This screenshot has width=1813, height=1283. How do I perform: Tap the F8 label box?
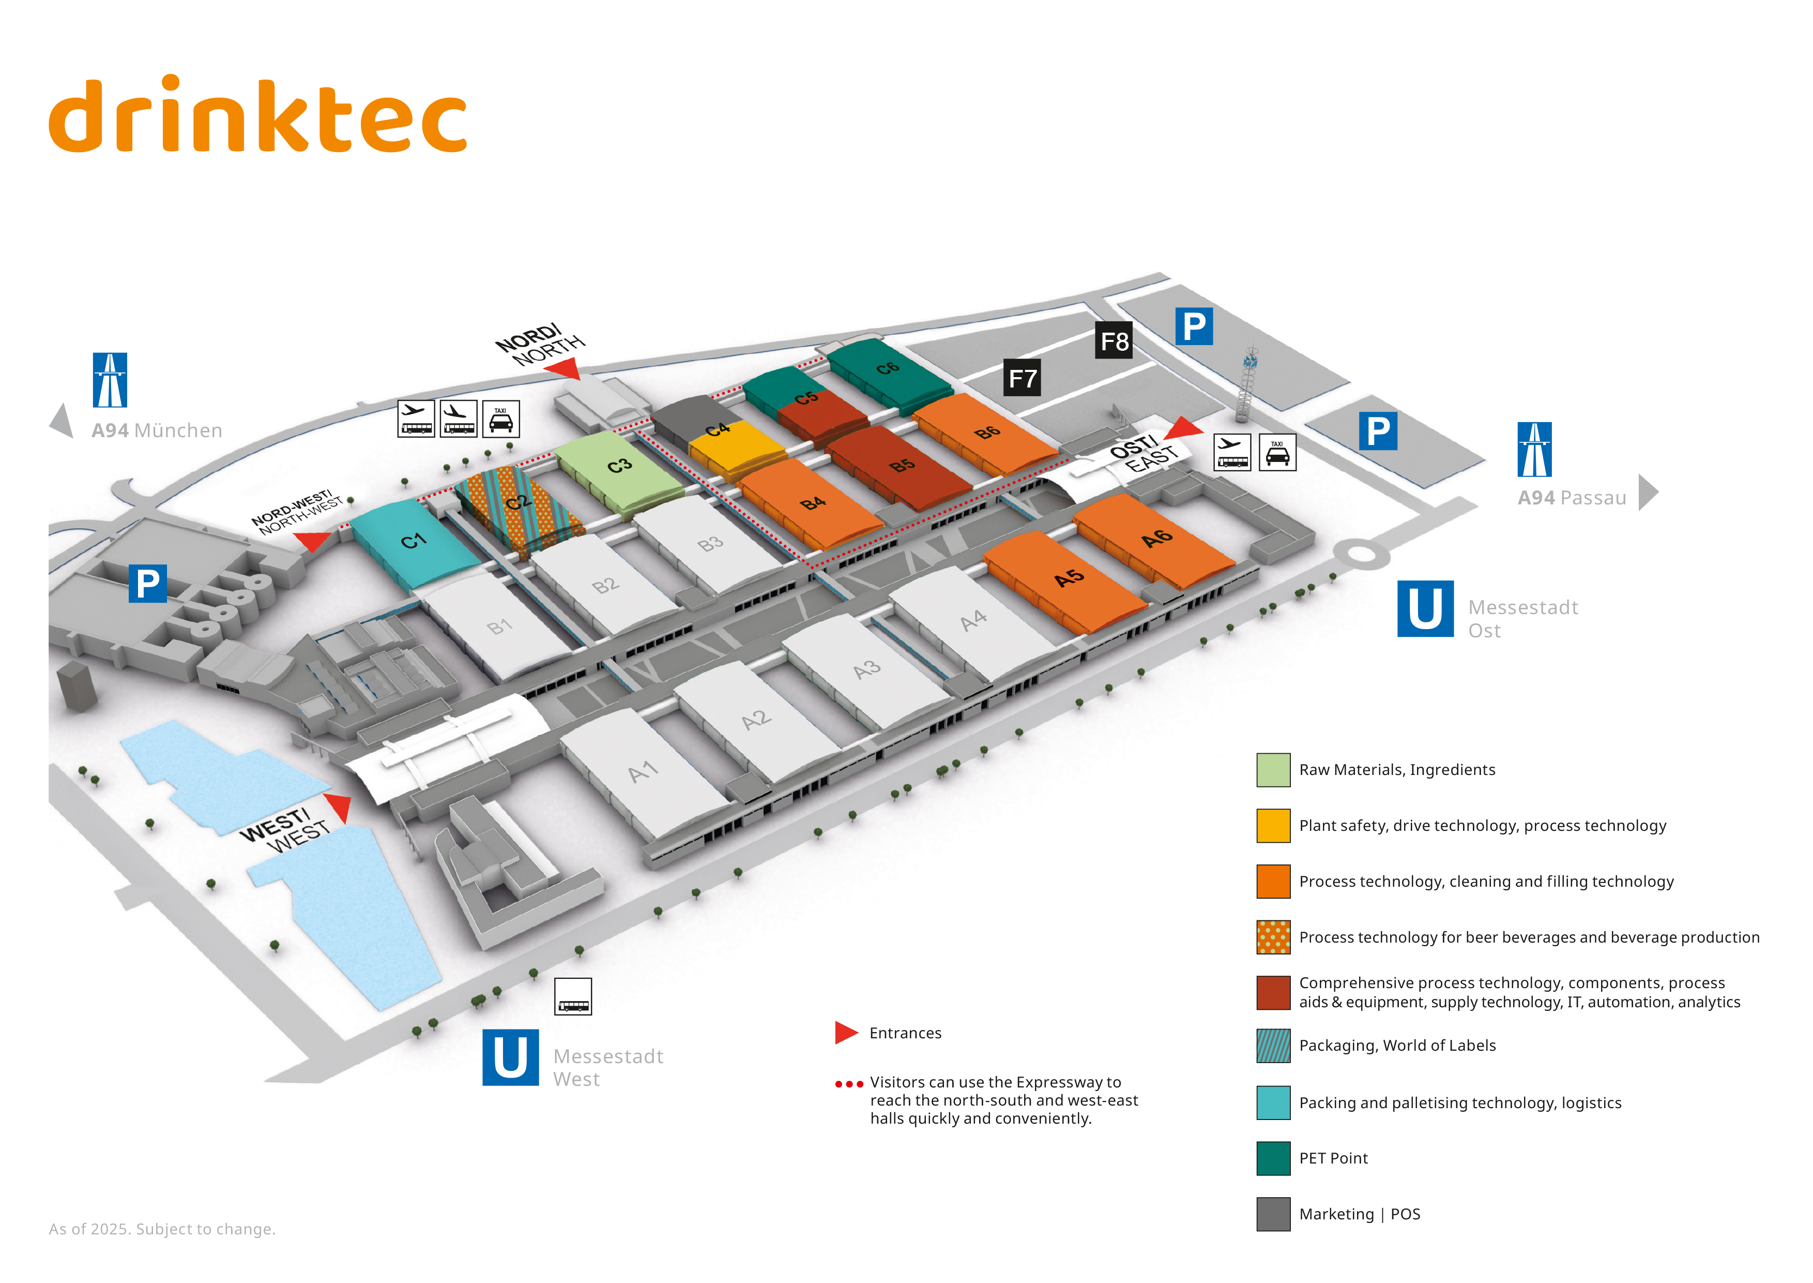pos(1114,340)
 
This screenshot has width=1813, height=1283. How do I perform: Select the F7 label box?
pos(1022,378)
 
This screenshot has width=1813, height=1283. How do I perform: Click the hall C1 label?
pos(413,541)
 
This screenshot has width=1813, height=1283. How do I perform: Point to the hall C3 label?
pos(619,465)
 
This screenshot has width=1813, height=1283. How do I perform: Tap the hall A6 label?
pos(1157,538)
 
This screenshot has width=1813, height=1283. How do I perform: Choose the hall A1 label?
pos(643,771)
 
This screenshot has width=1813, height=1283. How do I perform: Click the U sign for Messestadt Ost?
pos(1425,608)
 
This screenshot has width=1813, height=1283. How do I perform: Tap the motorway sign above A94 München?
pos(110,380)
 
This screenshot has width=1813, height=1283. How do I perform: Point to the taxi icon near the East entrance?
pos(1277,453)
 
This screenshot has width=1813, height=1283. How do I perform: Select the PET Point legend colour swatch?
pos(1273,1158)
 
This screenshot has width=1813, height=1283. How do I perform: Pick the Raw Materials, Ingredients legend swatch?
pos(1273,769)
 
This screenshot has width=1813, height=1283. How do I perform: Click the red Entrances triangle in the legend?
pos(846,1033)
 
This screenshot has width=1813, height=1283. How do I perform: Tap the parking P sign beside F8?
pos(1194,326)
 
